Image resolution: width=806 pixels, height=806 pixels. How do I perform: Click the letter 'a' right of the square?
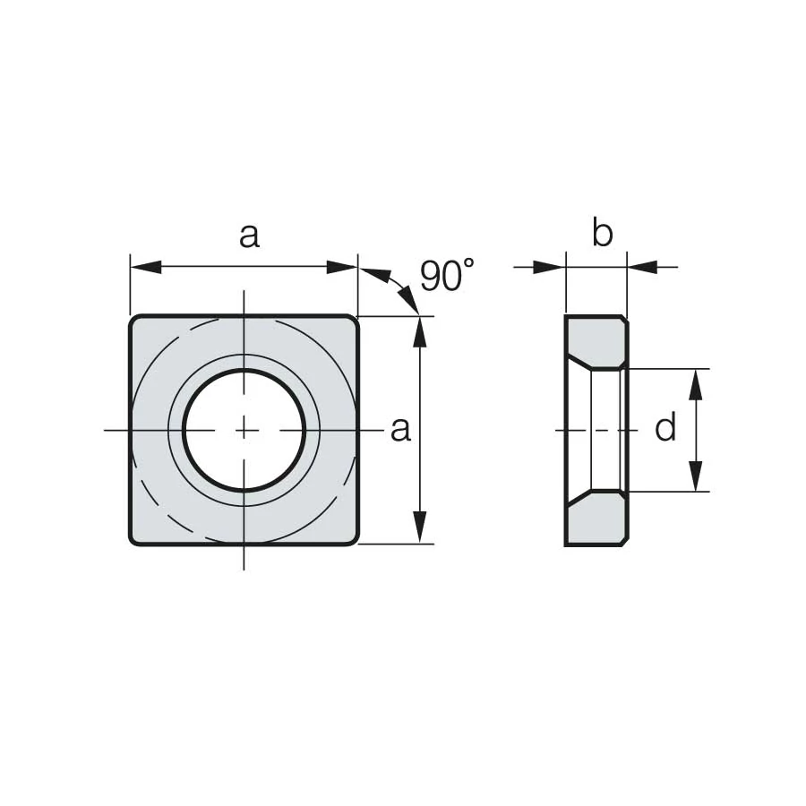point(401,430)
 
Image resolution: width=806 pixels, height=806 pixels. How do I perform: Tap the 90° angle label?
point(447,275)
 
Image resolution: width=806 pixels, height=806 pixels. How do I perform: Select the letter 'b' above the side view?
point(602,233)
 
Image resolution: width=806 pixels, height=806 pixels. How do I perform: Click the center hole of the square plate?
point(244,430)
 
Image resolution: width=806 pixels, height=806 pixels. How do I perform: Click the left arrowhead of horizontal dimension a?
point(147,267)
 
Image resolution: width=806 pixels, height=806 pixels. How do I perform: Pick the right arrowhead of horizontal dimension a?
point(342,267)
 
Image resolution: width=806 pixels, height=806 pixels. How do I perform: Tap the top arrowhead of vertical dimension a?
point(421,332)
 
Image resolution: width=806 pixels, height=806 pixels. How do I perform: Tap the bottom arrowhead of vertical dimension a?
point(421,527)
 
